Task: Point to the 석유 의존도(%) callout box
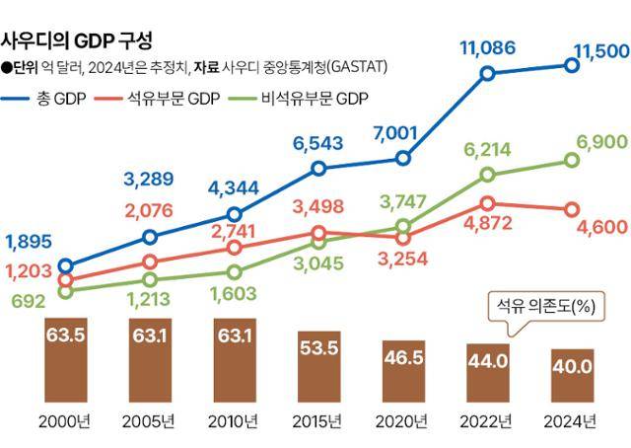pos(548,307)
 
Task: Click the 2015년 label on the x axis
pos(317,424)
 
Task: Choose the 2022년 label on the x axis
pos(486,424)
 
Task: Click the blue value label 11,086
pos(484,44)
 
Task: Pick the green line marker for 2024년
pos(572,159)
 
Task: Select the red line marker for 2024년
pos(572,209)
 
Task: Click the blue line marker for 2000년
pos(65,265)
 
